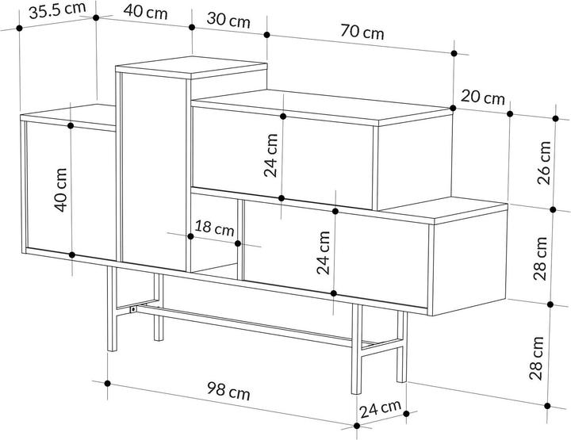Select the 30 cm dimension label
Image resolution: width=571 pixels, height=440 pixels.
click(x=229, y=21)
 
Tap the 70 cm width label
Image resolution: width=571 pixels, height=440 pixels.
click(x=362, y=33)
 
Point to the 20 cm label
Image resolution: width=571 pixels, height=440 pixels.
click(x=482, y=98)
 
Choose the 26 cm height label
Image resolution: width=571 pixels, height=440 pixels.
click(x=545, y=162)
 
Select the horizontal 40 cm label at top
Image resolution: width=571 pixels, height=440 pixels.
click(x=146, y=13)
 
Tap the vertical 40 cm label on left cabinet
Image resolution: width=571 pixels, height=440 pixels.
click(x=61, y=190)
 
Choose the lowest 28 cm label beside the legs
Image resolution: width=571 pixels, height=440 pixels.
click(x=539, y=356)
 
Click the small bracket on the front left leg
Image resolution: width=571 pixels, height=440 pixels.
click(x=132, y=308)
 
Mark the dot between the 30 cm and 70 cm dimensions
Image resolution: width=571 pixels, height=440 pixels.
click(x=266, y=35)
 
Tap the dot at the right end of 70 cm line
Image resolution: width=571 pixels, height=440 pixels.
click(x=454, y=54)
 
